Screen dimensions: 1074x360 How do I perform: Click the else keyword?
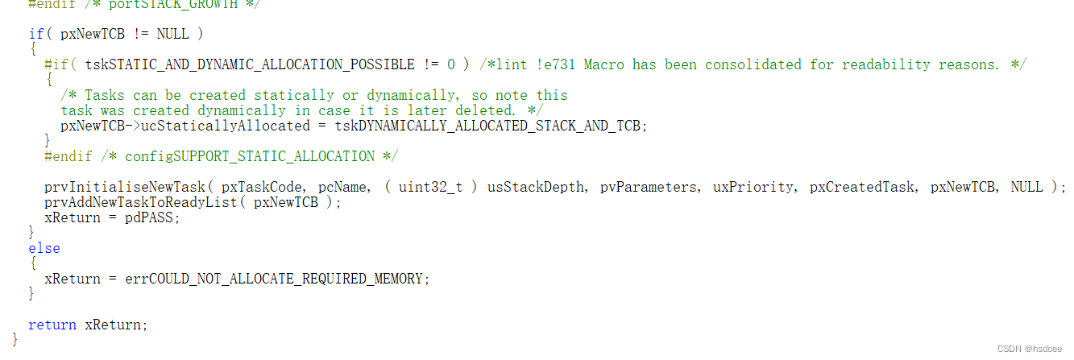coord(44,248)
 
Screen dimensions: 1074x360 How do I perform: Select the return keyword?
coord(52,325)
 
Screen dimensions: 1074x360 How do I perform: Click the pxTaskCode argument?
coord(265,187)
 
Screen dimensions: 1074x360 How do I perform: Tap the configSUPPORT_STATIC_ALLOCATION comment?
coord(250,156)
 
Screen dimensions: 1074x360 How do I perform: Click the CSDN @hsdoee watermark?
coord(1030,349)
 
